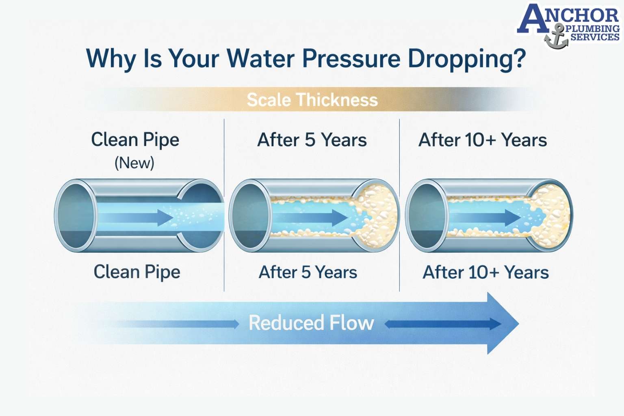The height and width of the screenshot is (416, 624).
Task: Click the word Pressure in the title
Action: click(351, 58)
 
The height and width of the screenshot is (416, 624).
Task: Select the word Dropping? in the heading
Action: click(467, 59)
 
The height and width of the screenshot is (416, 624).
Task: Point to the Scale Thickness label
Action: click(312, 100)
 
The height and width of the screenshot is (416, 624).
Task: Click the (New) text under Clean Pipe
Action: click(134, 163)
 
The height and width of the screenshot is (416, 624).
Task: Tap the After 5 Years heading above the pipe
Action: click(312, 140)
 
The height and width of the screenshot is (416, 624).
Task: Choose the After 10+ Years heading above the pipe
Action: click(483, 140)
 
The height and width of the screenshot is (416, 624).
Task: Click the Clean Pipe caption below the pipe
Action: click(137, 272)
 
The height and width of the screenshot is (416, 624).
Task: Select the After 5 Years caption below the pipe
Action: click(308, 272)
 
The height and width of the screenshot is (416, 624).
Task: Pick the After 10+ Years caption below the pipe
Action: click(486, 272)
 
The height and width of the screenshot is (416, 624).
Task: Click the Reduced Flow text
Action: click(311, 323)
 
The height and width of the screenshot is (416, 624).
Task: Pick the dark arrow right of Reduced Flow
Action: click(443, 324)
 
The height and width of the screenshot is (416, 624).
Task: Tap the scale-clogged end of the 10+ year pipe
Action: click(550, 215)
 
